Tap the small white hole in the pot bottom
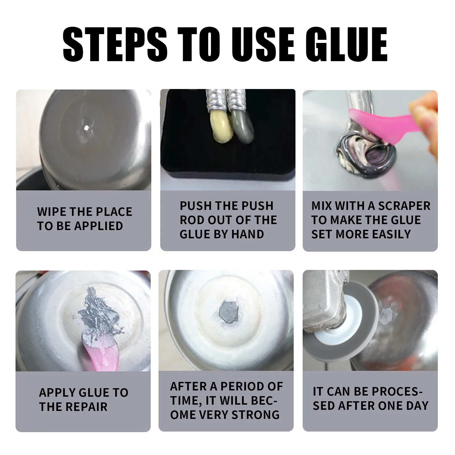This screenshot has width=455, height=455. pyautogui.click(x=85, y=127)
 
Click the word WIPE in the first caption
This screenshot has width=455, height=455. pyautogui.click(x=51, y=212)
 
